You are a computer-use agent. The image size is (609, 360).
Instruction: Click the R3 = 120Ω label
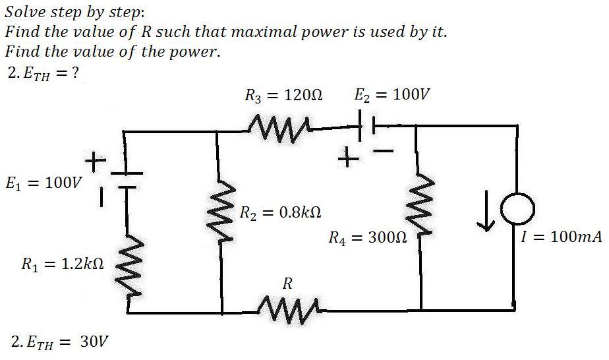coord(283,95)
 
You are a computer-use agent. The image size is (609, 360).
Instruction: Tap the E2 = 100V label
coord(392,94)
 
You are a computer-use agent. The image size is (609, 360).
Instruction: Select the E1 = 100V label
coord(44,183)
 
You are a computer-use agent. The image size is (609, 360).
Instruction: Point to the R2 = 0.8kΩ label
coord(280,213)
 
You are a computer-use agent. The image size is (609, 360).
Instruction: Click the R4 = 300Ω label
coord(368,237)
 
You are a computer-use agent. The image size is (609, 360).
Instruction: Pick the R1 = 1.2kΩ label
coord(63,264)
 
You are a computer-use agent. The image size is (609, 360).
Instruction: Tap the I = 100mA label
coord(562,237)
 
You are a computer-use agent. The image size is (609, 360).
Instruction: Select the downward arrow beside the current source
coord(486,210)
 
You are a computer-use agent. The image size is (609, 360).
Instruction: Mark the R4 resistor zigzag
coord(419,204)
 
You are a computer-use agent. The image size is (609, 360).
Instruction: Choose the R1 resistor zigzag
coord(128,268)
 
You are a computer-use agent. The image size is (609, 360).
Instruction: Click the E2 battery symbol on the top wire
coord(366,125)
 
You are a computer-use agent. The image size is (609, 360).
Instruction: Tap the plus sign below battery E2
coord(348,158)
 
